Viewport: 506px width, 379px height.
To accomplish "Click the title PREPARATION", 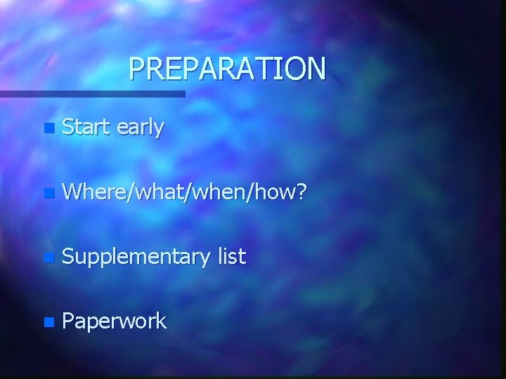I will point(228,69).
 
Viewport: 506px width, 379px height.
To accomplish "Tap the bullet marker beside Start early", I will point(47,129).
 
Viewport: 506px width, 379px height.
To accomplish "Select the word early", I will point(141,129).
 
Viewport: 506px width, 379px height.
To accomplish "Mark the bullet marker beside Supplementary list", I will point(47,258).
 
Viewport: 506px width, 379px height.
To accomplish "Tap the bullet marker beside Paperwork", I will point(47,323).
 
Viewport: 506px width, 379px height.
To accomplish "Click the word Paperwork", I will point(115,322).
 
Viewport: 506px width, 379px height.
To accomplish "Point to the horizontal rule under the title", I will point(92,93).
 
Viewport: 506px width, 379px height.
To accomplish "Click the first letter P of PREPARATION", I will point(137,69).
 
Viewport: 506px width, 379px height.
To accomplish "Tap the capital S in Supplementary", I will point(68,256).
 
